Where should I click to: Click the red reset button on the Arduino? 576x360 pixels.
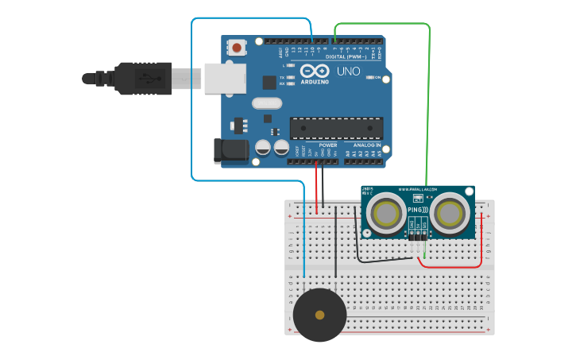tap(238, 48)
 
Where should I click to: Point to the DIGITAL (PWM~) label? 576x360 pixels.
tap(347, 57)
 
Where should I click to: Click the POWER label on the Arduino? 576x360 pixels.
tap(328, 145)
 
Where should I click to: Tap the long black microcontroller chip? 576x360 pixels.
tap(336, 128)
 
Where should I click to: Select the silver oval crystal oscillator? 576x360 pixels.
tap(267, 103)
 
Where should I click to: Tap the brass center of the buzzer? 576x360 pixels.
tap(319, 315)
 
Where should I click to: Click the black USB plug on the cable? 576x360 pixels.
tap(143, 78)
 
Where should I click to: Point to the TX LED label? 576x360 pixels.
tap(283, 77)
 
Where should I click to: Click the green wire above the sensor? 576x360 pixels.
tap(429, 103)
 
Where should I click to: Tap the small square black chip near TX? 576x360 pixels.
tap(269, 81)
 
